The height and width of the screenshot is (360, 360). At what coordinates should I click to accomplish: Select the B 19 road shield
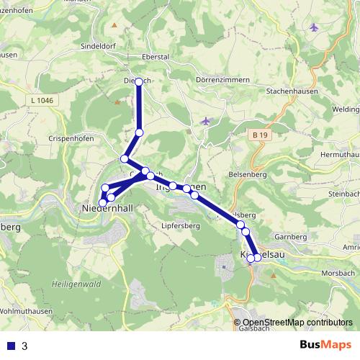tap(261, 135)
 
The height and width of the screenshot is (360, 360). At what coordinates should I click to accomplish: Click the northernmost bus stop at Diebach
tap(139, 81)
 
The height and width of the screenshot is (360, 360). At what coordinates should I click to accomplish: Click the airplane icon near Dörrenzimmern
tap(207, 120)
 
